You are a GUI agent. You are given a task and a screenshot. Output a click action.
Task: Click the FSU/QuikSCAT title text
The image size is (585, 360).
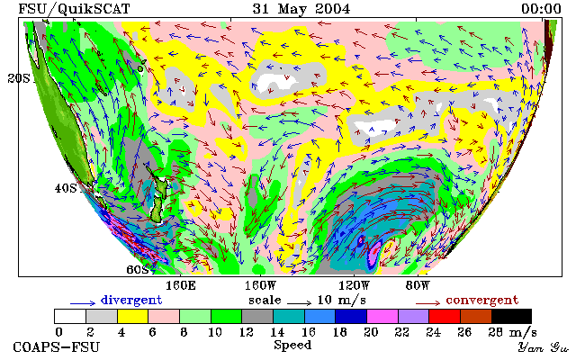74,9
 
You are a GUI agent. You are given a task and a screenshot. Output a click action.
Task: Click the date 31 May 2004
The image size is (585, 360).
301,9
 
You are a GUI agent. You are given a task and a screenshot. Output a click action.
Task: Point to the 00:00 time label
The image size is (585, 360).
541,9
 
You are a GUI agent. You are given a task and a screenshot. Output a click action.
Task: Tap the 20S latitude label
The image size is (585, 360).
19,78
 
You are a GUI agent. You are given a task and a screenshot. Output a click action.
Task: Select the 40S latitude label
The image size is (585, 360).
66,188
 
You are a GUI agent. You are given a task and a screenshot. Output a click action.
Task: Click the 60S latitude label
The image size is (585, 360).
138,269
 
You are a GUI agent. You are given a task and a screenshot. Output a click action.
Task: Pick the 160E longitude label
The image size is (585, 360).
181,286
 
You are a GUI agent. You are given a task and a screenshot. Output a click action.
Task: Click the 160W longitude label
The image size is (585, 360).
260,286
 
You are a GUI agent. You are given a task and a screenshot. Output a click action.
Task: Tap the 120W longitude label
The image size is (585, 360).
354,286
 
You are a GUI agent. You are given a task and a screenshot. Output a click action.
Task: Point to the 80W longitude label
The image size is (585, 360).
418,286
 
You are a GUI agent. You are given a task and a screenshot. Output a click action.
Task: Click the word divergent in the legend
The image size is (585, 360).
131,301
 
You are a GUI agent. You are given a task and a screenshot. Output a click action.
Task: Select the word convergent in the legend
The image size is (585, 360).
482,301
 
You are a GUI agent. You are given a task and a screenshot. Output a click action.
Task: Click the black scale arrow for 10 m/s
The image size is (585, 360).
299,303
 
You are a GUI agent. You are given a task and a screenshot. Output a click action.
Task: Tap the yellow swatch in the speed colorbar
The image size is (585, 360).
133,316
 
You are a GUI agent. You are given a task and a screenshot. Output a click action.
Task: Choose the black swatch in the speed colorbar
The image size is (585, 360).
511,316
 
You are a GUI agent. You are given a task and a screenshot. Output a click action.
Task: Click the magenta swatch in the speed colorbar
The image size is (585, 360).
382,316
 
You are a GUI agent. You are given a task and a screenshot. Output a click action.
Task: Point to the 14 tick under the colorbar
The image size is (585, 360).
277,332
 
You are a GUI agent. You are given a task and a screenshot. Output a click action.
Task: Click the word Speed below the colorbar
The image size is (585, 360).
292,345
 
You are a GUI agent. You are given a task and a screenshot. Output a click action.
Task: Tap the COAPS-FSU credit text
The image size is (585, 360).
57,347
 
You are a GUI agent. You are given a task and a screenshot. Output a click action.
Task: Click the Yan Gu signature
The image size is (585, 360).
544,347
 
